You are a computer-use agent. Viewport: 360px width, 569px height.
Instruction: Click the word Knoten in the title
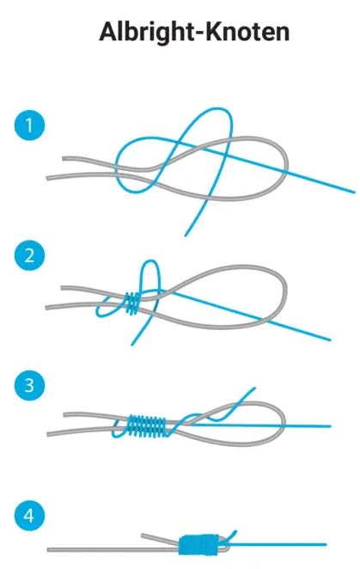tap(247, 32)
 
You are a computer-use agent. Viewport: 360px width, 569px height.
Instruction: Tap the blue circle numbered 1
tap(29, 125)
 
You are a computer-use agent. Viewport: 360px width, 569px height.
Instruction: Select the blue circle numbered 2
tap(29, 255)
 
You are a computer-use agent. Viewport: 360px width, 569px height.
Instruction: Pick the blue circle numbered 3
tap(29, 385)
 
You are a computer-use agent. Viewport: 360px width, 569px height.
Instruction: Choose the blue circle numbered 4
tap(29, 515)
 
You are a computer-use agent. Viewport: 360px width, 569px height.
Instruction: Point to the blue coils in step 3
tap(147, 426)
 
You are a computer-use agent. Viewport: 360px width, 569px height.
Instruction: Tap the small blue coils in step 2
tap(133, 303)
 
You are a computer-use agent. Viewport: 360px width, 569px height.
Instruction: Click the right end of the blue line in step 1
tap(354, 192)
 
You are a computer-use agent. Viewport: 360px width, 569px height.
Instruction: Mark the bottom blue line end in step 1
tap(186, 236)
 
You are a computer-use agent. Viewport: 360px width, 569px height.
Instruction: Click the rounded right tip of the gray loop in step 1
tap(287, 165)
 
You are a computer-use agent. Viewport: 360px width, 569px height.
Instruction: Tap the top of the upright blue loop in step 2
tap(150, 261)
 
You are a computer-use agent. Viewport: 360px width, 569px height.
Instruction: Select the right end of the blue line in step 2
tap(330, 340)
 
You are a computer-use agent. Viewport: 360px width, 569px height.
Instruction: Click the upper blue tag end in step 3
tap(255, 389)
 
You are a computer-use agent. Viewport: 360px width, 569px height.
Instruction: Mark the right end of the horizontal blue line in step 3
tap(330, 426)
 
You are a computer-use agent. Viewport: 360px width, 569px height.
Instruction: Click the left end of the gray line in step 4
tap(48, 550)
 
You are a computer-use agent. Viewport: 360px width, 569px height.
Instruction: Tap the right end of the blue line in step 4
tap(326, 544)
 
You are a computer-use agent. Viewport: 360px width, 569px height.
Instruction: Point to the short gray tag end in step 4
tap(160, 538)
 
